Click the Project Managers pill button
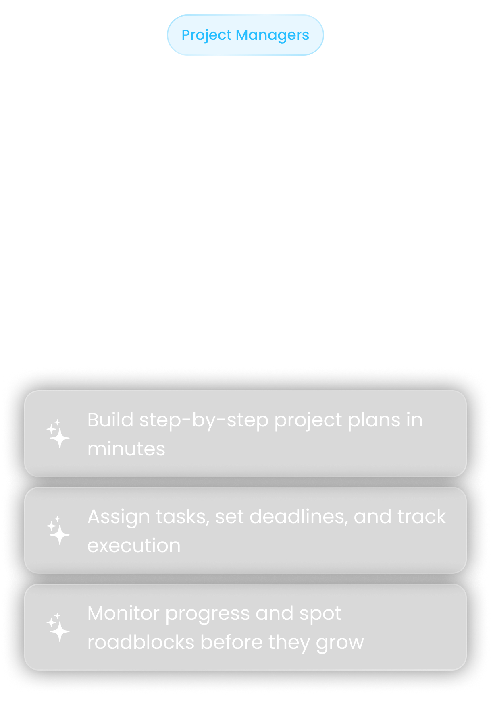245,35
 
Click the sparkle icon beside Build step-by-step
58,434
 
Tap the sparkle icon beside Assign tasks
58,530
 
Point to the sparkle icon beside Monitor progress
58,627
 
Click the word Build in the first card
110,420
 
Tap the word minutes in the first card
126,449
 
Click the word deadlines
299,517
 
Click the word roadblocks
141,642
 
